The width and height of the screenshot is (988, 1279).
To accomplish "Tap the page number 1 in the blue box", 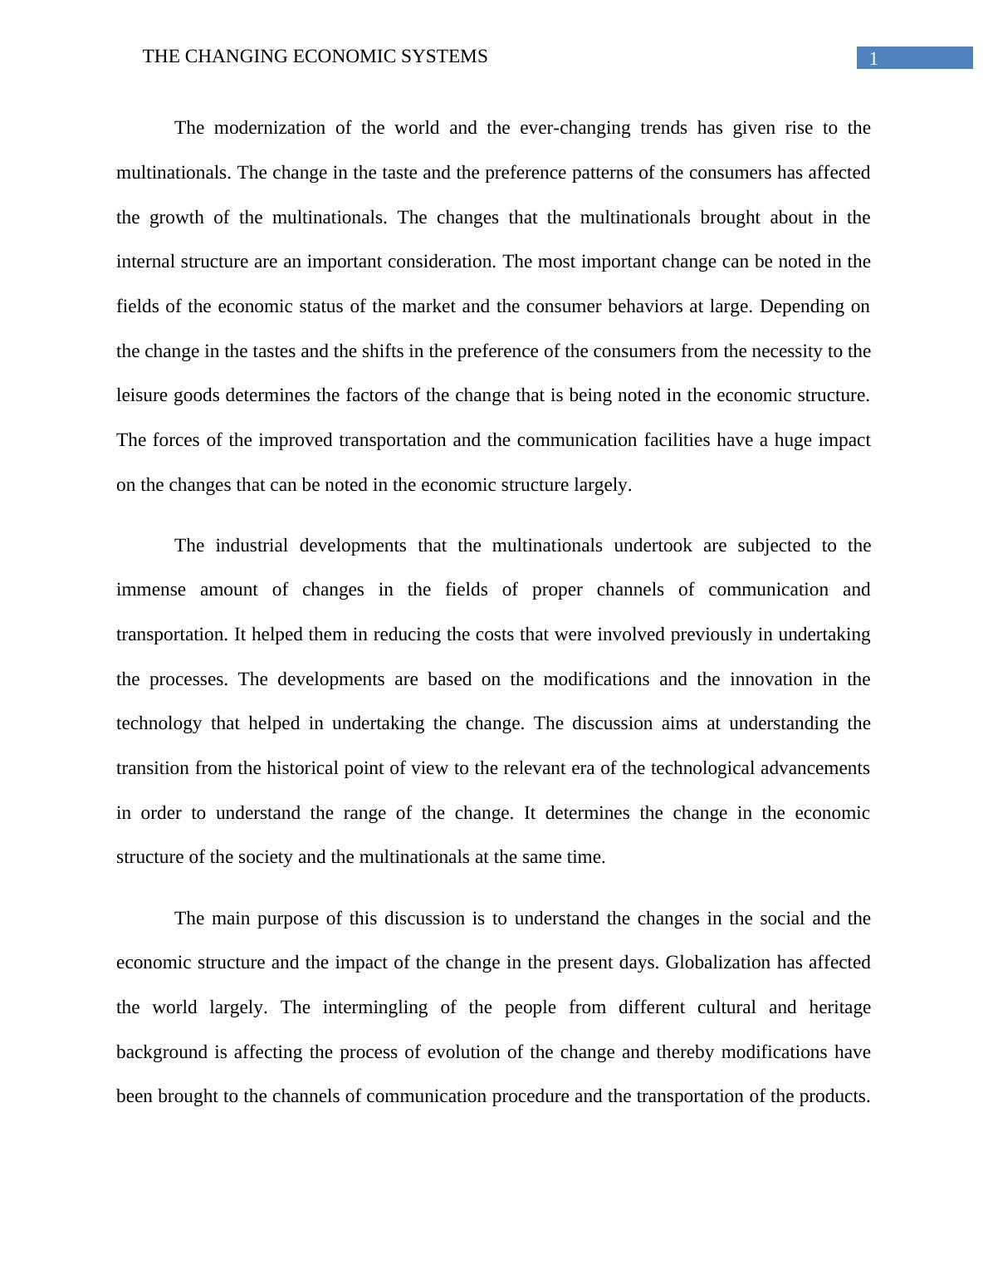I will (x=873, y=58).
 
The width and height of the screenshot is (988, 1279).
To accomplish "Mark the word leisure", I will (x=142, y=395).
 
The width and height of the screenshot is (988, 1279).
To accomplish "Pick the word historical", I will (x=312, y=768).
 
